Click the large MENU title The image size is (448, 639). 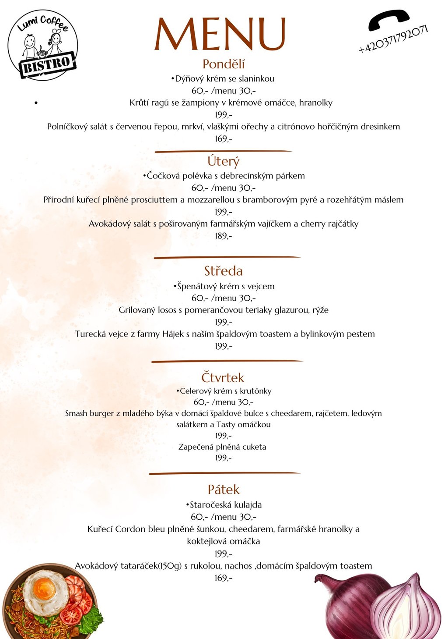[220, 34]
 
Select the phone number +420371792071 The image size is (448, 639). [393, 39]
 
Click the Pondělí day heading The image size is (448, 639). [224, 64]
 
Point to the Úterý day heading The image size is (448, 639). [224, 161]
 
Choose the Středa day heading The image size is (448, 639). [224, 271]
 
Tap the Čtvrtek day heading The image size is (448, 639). [223, 377]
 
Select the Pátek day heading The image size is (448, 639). [224, 489]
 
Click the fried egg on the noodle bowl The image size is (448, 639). [45, 591]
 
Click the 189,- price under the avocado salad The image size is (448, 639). [224, 236]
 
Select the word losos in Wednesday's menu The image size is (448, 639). [167, 310]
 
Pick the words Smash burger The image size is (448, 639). [90, 413]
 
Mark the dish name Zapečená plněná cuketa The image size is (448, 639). [222, 447]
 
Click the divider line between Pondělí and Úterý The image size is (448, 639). [224, 151]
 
